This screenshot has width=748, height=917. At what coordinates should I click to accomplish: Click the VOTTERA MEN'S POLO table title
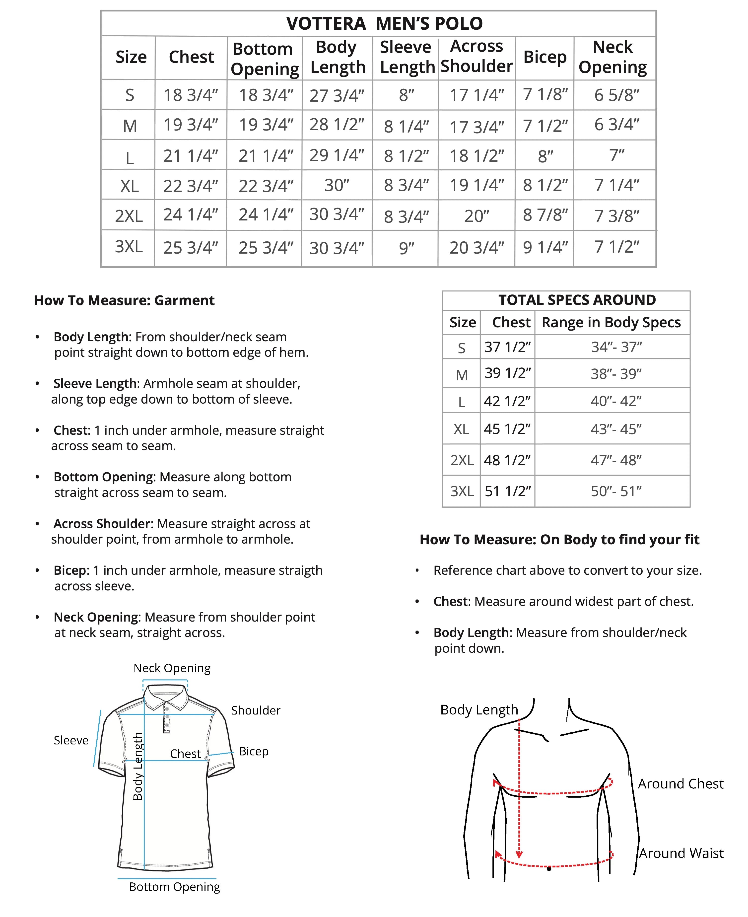(x=384, y=24)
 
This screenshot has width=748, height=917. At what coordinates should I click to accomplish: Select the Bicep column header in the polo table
(x=545, y=57)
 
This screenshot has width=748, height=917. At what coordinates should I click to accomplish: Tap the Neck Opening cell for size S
(x=616, y=95)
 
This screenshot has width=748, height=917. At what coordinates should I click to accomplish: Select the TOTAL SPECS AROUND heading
(x=577, y=300)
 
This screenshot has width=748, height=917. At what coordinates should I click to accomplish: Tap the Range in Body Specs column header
(x=611, y=322)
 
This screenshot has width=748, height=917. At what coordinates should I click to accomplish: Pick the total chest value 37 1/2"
(x=507, y=347)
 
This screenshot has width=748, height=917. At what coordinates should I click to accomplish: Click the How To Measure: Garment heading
(x=124, y=300)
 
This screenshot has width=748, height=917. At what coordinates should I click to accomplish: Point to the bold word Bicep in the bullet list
(x=70, y=570)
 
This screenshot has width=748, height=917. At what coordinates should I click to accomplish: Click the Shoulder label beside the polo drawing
(x=256, y=710)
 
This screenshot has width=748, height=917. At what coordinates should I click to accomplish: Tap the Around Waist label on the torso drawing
(x=681, y=853)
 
